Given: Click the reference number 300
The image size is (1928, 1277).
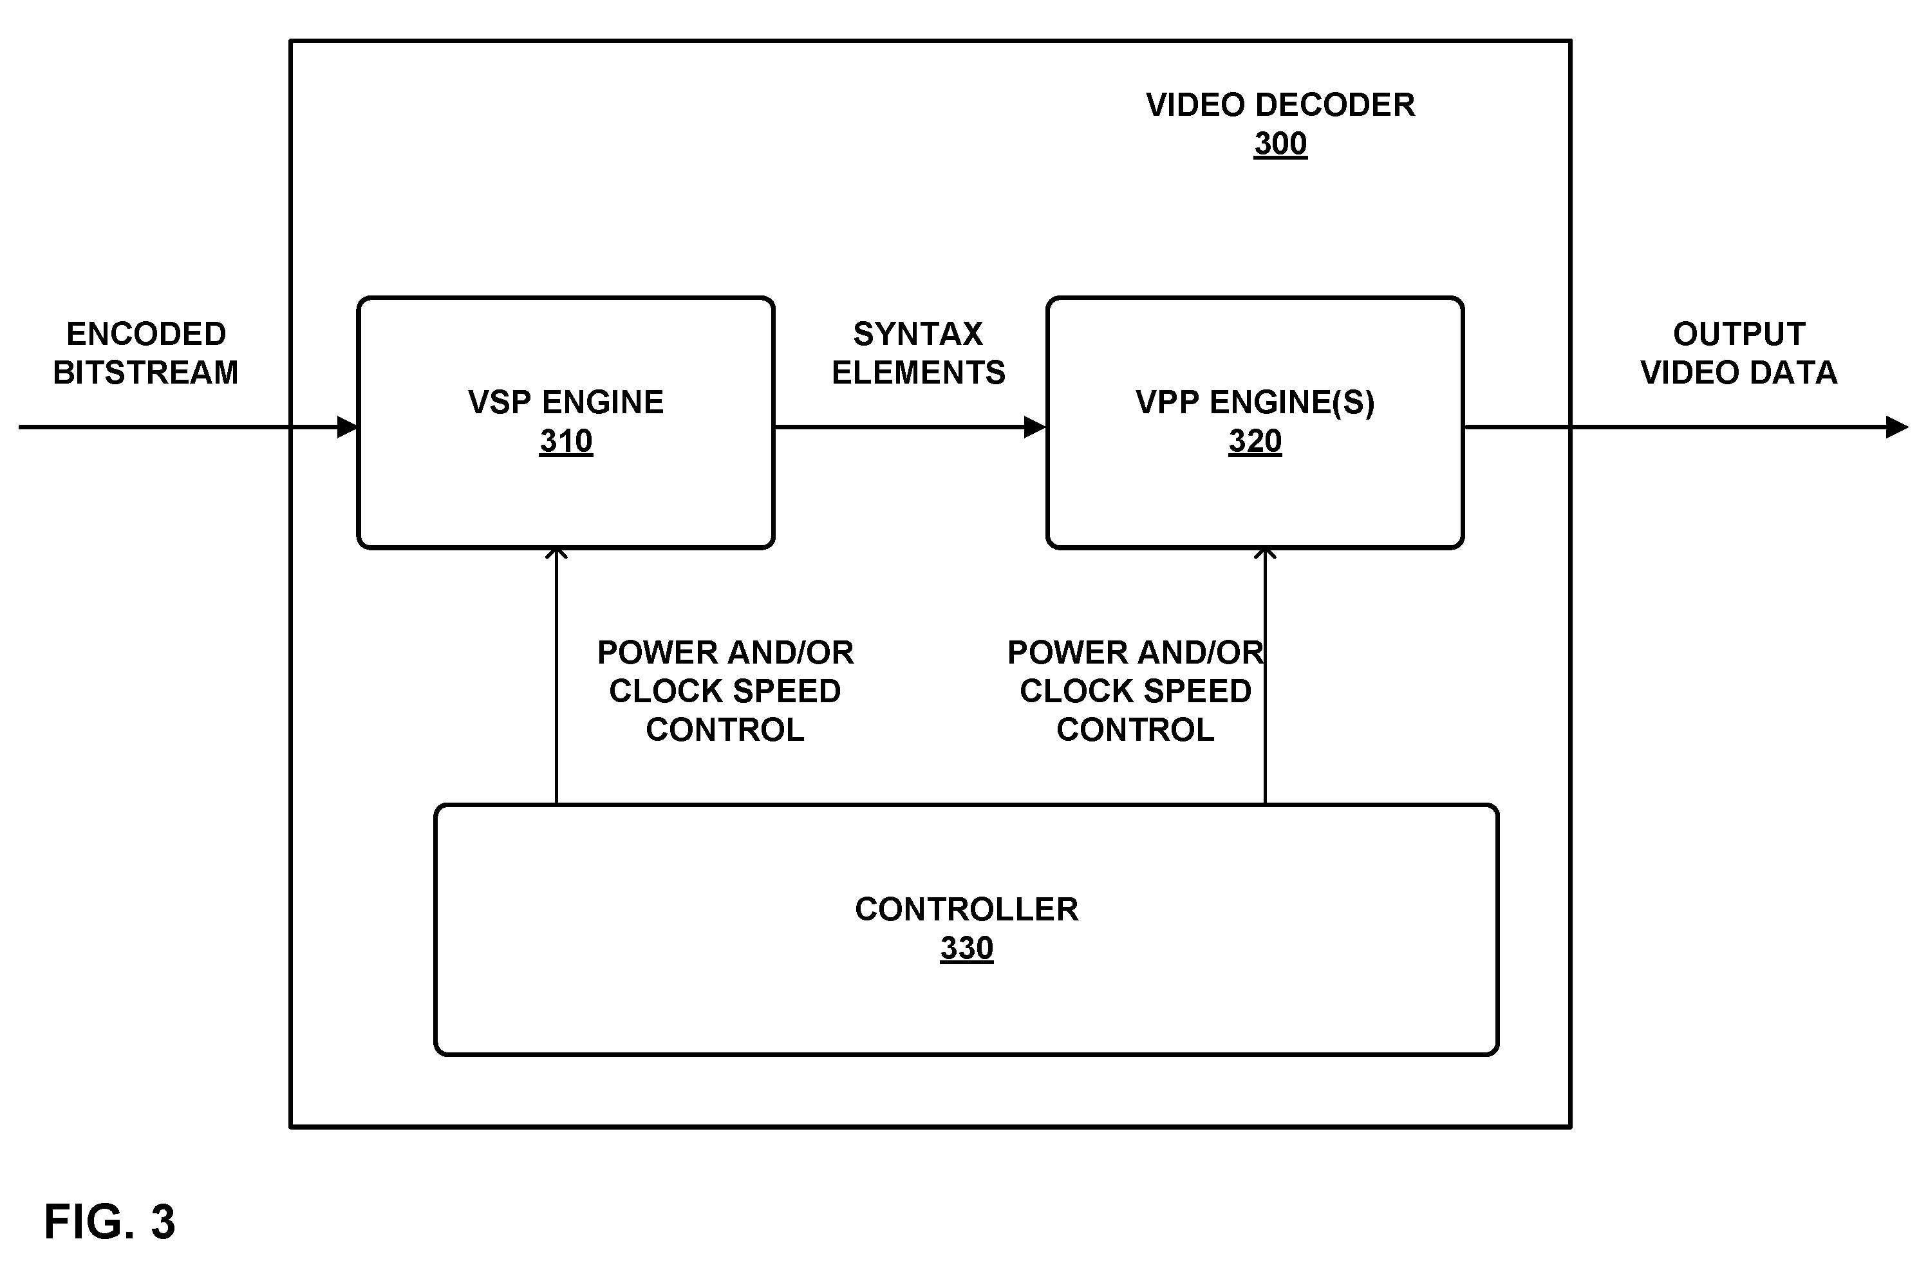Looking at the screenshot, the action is click(1280, 144).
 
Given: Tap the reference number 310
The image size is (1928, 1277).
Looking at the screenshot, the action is click(566, 442).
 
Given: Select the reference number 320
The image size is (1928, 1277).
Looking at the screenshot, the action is click(1255, 442).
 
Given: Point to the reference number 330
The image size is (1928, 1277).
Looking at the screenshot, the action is click(966, 948).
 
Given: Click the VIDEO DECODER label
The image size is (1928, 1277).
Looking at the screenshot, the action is click(1280, 105).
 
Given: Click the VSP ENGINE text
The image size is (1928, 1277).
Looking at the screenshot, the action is click(566, 402).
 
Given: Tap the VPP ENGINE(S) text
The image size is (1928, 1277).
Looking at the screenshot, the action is click(1255, 402).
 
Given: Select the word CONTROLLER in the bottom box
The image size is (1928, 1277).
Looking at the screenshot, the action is click(966, 909).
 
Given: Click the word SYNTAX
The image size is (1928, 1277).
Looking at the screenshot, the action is click(918, 334).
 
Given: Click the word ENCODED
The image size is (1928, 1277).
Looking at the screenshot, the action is click(145, 334).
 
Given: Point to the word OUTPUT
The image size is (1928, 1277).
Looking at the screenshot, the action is click(1739, 334).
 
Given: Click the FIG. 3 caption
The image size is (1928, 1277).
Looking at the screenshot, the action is click(109, 1222).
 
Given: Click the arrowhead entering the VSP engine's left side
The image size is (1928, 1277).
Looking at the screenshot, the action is click(348, 427).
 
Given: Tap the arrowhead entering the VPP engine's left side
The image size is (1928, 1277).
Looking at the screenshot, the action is click(1036, 427).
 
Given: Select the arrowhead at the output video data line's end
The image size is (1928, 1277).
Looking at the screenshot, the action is click(1898, 427).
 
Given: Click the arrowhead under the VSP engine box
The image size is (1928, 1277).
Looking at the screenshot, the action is click(556, 553).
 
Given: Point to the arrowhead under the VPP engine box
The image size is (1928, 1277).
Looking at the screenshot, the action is click(1265, 553).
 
